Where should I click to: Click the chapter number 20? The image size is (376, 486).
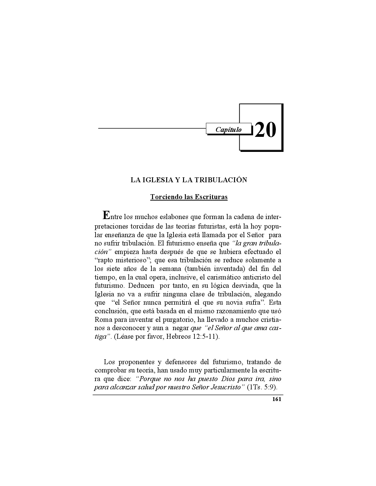click(x=265, y=130)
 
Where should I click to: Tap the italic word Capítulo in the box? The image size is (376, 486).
click(x=228, y=129)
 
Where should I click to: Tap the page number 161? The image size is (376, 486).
click(x=276, y=399)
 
